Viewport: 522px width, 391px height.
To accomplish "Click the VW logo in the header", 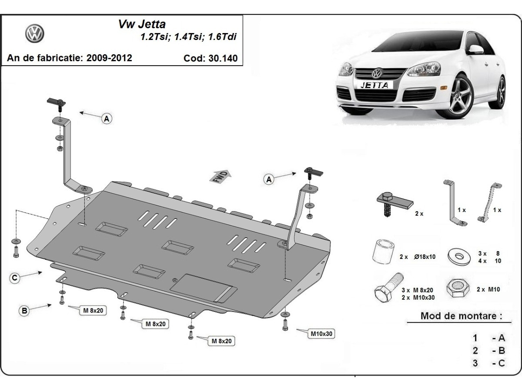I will (34, 33).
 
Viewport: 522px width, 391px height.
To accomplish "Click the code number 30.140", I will (221, 58).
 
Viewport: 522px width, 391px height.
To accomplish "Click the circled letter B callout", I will (25, 310).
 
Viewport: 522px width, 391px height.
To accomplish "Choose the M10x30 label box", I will (321, 334).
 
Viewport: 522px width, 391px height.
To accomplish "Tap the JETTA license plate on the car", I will (374, 85).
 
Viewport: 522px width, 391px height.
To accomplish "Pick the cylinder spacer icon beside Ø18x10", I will (382, 252).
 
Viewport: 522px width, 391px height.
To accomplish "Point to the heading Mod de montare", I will (458, 316).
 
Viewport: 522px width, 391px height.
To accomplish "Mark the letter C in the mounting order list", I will (502, 363).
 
